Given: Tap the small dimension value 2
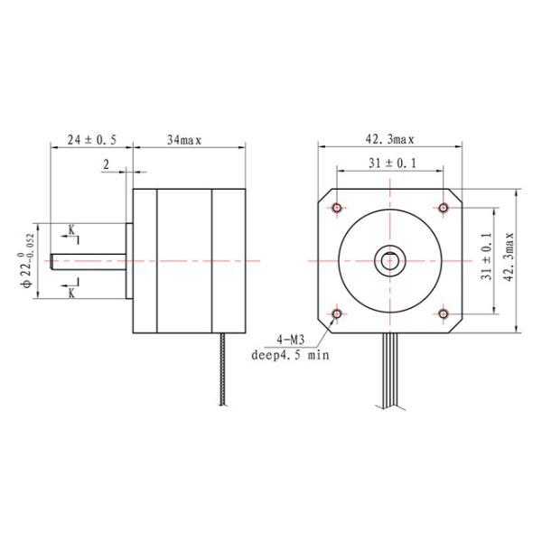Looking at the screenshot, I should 107,164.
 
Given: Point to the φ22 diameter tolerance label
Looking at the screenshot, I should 30,261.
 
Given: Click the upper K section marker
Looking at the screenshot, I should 72,230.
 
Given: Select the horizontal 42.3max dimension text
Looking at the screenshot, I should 389,140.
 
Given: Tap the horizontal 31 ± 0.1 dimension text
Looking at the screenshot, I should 389,163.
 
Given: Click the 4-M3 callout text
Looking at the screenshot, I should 291,341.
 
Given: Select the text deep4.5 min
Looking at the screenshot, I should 291,355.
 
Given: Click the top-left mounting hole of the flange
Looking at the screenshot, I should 337,209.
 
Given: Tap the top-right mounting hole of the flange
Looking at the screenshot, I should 443,209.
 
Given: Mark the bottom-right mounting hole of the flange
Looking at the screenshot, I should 443,313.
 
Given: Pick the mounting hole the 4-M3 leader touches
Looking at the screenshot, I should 337,313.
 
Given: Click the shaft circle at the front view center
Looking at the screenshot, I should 390,261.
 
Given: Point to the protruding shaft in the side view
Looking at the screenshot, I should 87,261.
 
